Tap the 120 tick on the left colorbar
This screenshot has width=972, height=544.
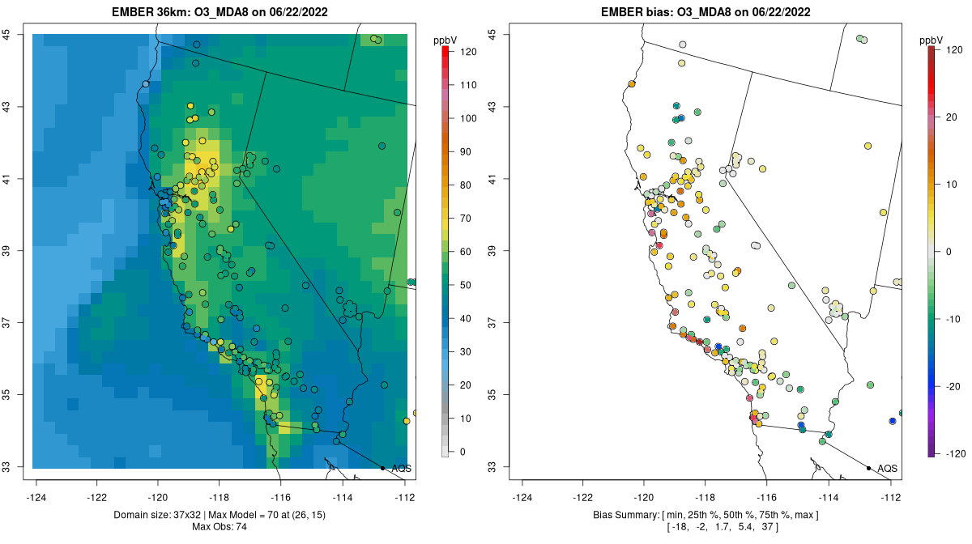[468, 51]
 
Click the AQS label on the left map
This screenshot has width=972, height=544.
[401, 469]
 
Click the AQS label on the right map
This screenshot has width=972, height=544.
[887, 469]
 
